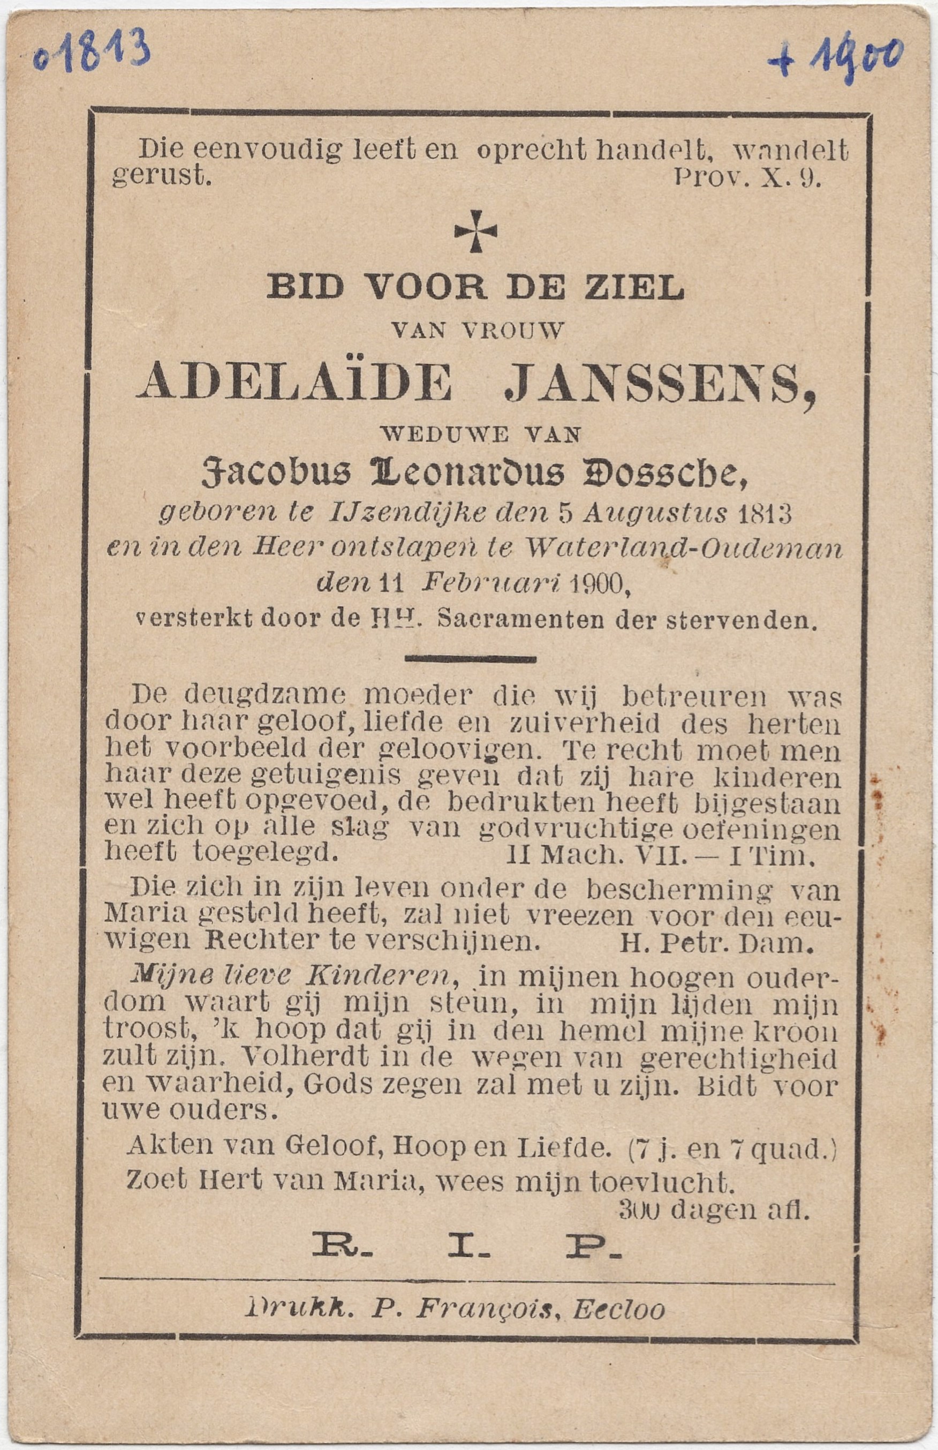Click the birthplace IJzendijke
[x=407, y=515]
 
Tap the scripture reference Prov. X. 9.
[x=748, y=178]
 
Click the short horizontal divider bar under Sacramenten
[x=470, y=659]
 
